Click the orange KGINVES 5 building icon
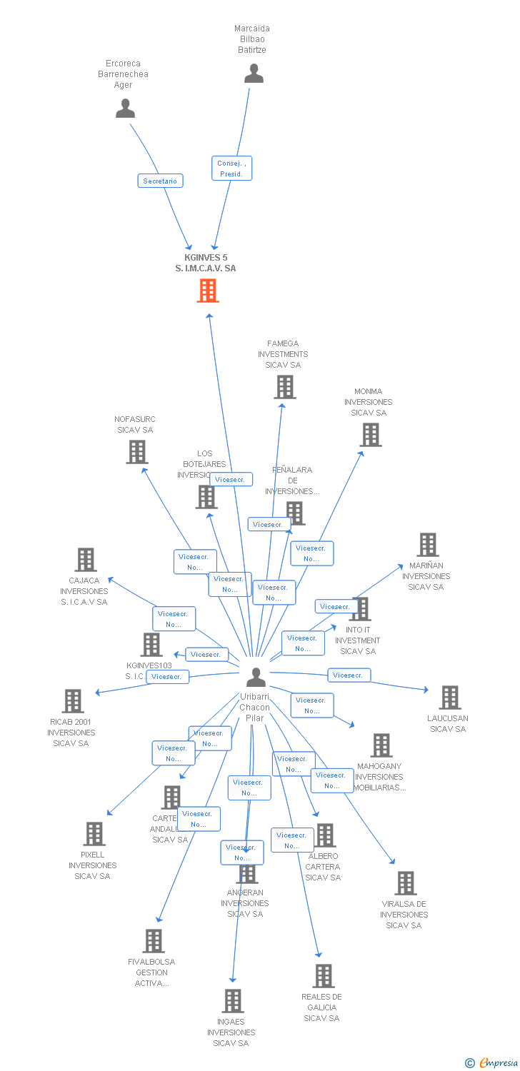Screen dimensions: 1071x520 click(208, 291)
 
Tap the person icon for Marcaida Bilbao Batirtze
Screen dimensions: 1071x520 click(254, 74)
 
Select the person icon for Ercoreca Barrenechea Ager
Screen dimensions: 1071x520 click(125, 109)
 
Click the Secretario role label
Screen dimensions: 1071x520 click(160, 181)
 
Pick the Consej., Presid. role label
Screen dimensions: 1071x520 click(231, 169)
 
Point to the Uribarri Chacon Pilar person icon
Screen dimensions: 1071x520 click(255, 677)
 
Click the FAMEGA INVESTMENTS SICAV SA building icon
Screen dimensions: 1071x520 click(284, 387)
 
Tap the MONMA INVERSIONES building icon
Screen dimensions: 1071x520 click(370, 435)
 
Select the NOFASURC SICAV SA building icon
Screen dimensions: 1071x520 click(137, 452)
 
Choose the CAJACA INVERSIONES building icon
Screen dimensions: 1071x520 click(86, 560)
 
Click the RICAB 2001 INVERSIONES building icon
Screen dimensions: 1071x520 click(73, 701)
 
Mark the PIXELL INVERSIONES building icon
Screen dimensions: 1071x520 click(94, 834)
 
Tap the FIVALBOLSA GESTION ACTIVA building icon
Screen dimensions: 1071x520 click(154, 941)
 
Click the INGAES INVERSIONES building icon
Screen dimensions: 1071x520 click(232, 1001)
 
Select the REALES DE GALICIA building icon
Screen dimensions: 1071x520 click(323, 976)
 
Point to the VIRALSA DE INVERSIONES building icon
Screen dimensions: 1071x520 click(405, 883)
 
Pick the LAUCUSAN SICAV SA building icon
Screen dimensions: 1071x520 click(449, 698)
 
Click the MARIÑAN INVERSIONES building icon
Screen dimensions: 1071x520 click(427, 545)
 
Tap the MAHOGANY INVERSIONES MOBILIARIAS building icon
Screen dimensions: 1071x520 click(381, 745)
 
